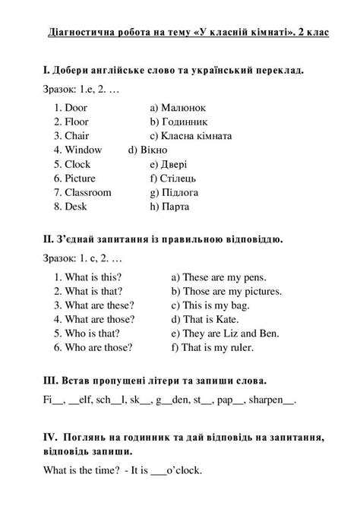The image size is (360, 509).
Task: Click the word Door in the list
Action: pos(76,108)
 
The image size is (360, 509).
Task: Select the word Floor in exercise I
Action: pos(77,122)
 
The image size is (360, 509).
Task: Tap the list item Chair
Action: pos(77,136)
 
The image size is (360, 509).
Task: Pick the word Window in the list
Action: pos(83,150)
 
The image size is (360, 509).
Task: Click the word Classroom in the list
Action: pos(88,192)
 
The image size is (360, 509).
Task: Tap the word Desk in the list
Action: pos(76,206)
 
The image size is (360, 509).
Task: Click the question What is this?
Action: pos(93,277)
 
